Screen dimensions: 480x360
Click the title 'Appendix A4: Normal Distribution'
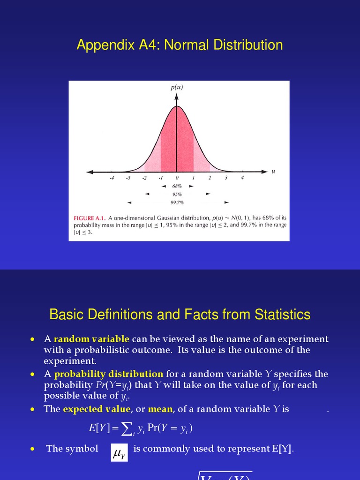180,45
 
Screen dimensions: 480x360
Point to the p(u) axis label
177,87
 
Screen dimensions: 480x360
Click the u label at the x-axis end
273,171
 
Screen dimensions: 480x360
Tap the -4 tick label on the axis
111,178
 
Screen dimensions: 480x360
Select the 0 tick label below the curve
177,178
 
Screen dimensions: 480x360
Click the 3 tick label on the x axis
226,178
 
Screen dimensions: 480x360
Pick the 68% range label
177,186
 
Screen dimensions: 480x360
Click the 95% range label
177,194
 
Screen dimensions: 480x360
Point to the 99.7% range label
177,202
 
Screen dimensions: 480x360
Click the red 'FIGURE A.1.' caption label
90,218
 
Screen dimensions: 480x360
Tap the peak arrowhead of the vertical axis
177,96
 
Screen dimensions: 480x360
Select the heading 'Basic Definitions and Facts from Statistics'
180,314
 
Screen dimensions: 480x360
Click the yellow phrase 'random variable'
92,339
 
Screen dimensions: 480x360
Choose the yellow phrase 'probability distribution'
109,374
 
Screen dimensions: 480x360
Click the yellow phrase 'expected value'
97,409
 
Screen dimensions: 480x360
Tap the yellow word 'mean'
160,409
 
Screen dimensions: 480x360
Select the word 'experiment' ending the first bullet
70,361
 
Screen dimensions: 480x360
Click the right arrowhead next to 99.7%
227,202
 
